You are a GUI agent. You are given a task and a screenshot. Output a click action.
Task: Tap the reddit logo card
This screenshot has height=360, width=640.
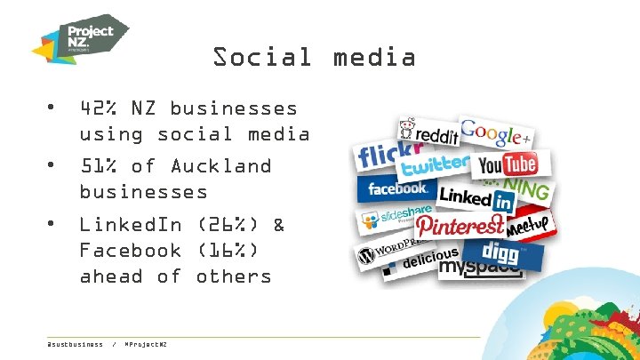point(428,133)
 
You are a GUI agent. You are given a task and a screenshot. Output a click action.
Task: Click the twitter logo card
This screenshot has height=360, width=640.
point(435,165)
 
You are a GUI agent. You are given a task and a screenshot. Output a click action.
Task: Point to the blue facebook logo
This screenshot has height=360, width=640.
point(397,188)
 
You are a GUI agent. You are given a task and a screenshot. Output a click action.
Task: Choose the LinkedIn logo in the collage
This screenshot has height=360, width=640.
point(477,196)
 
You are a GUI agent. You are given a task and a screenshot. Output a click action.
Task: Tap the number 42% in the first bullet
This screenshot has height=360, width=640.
point(99,108)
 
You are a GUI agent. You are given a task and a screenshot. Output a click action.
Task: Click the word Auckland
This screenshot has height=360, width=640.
point(220,166)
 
